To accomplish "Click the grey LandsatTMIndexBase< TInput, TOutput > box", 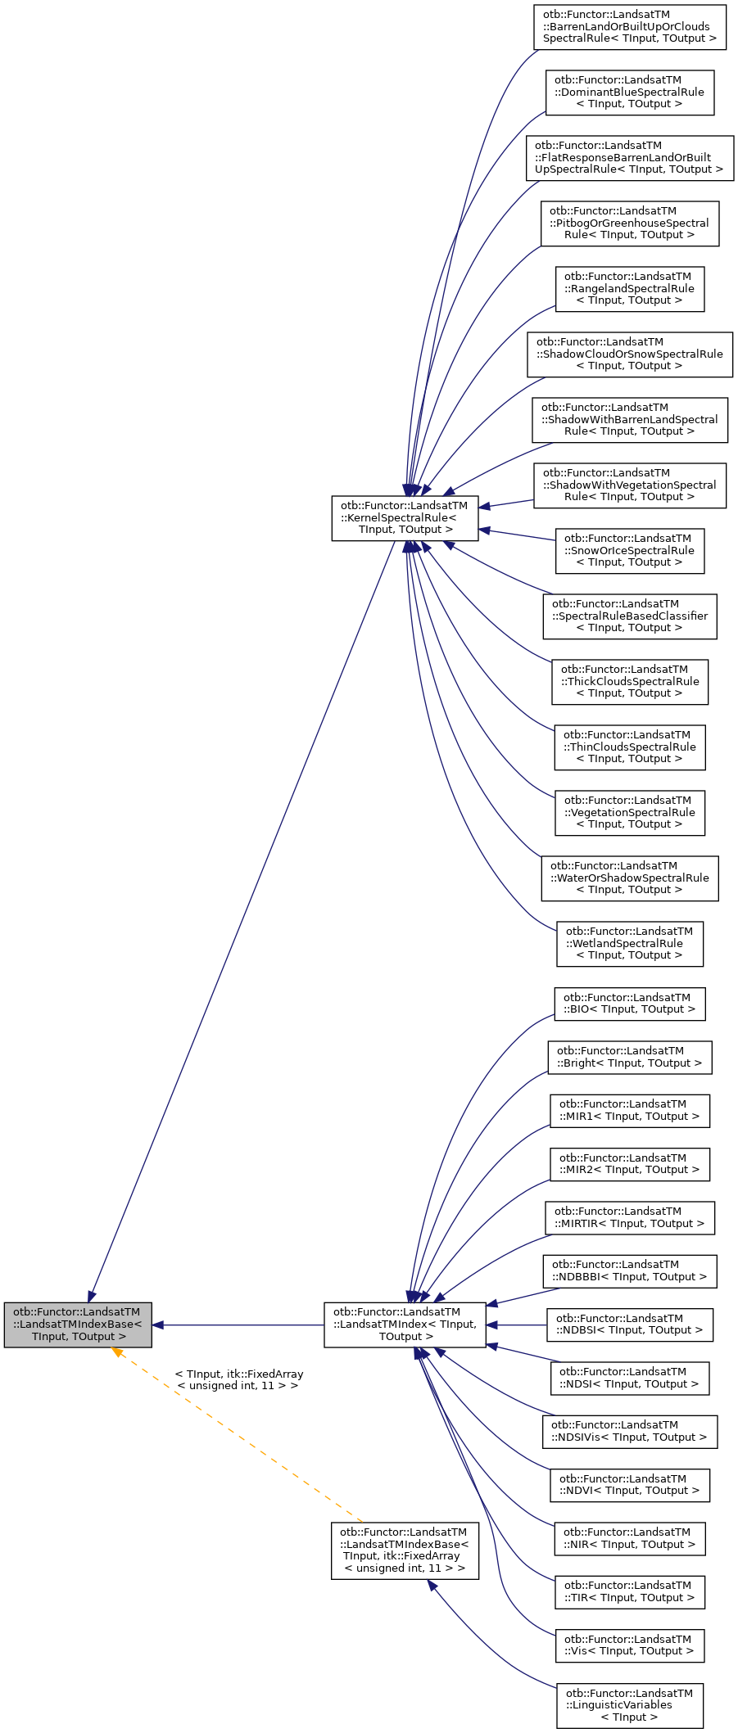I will coord(78,1325).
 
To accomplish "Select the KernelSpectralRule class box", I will coord(405,517).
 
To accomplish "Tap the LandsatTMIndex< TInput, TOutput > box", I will coord(405,1325).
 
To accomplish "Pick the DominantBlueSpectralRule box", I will coord(629,92).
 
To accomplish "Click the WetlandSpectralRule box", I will coord(629,943).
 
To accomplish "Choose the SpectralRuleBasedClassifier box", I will coord(629,616).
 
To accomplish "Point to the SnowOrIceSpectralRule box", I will coord(629,550).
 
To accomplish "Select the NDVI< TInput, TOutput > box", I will coord(629,1484).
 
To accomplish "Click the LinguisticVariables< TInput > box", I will coord(629,1705).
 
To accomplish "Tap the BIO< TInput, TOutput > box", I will coord(629,1004).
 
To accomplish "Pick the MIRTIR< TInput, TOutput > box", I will coord(629,1217).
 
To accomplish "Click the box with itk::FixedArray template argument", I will coord(405,1550).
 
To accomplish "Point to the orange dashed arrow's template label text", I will coord(238,1379).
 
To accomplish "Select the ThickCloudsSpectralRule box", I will coord(629,681).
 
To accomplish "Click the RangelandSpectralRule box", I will coord(629,288).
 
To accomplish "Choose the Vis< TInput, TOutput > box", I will coord(629,1645).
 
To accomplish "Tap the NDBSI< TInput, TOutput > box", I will coord(629,1325).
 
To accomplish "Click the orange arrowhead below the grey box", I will coord(117,1352).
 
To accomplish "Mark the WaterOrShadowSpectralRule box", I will coord(629,878).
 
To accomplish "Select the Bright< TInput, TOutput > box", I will coord(629,1057).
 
